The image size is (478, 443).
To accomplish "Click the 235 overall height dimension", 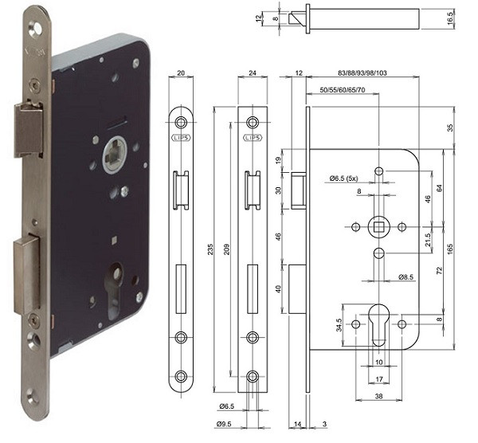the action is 210,249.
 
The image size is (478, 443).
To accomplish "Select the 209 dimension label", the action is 226,249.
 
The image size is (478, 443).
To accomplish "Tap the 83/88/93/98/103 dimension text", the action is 362,73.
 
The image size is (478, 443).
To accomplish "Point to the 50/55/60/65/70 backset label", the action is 343,90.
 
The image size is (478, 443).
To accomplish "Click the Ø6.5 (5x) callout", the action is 343,178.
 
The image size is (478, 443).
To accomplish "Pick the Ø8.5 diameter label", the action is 406,276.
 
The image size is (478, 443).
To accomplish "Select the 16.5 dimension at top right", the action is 450,18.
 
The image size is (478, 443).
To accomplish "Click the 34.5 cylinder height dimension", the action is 339,325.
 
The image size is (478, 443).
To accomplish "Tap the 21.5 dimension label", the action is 428,240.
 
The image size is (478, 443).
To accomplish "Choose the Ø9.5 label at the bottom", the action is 224,424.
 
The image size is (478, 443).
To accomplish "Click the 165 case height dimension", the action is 450,249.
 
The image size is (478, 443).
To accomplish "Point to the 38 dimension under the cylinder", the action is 378,396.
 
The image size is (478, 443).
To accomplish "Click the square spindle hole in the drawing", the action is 378,227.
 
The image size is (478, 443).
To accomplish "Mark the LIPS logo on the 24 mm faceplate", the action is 253,138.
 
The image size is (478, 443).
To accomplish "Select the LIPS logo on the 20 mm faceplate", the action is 181,138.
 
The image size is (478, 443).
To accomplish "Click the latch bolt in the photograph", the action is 29,130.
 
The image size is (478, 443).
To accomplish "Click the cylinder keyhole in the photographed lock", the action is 114,290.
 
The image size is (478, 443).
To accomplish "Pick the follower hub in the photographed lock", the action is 114,155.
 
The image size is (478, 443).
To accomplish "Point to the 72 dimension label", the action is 439,270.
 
